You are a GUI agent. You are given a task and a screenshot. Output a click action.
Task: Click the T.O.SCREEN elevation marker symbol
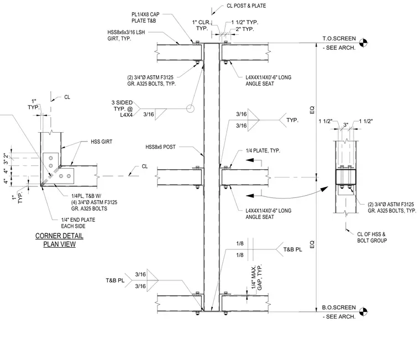tap(363, 43)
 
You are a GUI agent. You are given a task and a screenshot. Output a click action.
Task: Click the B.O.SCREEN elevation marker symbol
tap(363, 311)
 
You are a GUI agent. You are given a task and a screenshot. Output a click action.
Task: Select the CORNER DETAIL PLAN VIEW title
tap(59, 240)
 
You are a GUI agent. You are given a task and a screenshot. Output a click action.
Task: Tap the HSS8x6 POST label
tap(160, 147)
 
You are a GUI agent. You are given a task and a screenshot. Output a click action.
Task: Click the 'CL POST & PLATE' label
tap(246, 6)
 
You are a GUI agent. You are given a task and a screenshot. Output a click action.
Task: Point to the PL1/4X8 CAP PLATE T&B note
tap(145, 18)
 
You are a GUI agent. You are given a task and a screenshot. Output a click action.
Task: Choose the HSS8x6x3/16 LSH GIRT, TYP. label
tap(126, 35)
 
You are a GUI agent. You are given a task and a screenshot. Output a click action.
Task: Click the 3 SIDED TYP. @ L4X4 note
tap(122, 108)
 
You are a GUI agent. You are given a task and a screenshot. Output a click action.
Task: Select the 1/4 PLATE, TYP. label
tap(262, 150)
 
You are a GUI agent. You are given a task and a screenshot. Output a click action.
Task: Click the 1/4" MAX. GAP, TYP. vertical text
tap(256, 277)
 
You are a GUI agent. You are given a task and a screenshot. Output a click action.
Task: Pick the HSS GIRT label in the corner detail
tap(102, 142)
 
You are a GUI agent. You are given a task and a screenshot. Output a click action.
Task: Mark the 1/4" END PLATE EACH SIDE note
tap(78, 223)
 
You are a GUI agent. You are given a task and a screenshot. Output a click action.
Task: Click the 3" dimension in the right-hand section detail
tap(345, 124)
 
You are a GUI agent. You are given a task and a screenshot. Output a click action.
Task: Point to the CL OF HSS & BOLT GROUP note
tap(372, 237)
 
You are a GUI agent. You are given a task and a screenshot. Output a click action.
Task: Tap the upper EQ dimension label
tap(312, 110)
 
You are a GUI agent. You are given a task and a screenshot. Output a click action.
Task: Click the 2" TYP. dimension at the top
tap(245, 29)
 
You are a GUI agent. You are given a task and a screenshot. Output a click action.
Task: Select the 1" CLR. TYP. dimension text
tap(202, 25)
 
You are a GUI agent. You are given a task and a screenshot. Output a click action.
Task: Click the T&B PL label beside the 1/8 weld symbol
tap(292, 249)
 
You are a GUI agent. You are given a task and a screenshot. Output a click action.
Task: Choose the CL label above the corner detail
tap(67, 97)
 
